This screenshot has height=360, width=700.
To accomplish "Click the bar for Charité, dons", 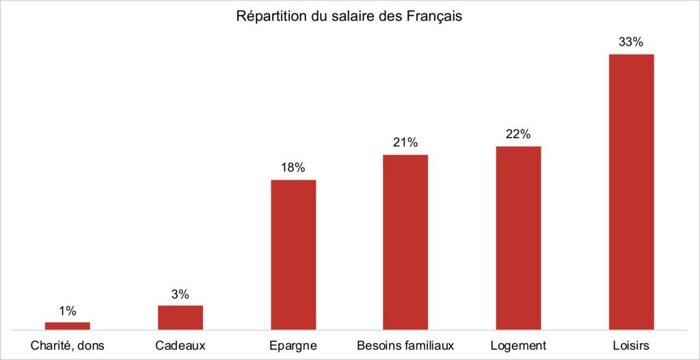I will tap(68, 326).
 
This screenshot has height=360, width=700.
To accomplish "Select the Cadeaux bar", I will tap(180, 318).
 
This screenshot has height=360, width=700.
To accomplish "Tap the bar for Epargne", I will tap(293, 255).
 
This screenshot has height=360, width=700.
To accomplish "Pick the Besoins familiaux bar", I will tap(405, 243).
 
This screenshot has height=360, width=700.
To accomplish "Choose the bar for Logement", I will tap(518, 238).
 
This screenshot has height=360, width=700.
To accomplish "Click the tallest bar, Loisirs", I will tap(631, 192).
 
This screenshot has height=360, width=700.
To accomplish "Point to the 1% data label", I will tap(68, 311).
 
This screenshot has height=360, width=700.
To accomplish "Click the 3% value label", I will tap(180, 295).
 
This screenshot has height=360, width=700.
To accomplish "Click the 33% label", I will tap(631, 42).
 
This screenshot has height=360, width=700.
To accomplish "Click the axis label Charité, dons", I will tap(68, 344).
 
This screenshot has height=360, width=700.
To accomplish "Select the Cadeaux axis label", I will tap(180, 344).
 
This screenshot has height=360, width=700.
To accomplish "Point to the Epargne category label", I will tap(293, 344).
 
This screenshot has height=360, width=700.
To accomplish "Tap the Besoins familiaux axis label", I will tap(405, 344).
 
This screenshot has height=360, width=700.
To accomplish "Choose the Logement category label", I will tap(518, 344).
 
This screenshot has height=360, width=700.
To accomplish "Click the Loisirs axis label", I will tap(631, 344).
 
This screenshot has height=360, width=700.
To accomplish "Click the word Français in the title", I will tap(436, 16).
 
